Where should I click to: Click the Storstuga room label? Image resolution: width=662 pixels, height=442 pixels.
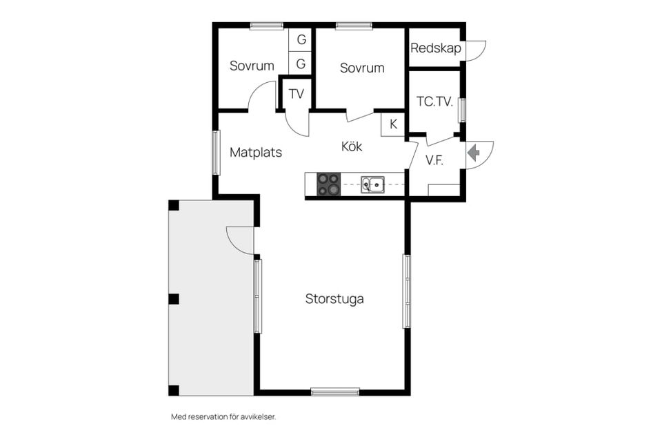click(334, 299)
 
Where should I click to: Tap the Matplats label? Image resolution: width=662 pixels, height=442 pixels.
click(255, 152)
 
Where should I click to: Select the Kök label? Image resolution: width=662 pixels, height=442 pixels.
click(352, 146)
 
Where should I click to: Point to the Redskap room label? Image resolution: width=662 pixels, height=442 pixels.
click(436, 48)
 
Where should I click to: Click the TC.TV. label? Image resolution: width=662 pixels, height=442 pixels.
click(434, 102)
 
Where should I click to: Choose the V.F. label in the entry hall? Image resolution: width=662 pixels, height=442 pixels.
click(434, 160)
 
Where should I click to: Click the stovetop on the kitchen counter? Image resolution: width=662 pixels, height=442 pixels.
click(328, 185)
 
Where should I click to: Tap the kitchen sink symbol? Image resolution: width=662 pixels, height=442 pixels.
click(372, 185)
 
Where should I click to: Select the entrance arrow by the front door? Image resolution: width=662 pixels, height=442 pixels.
click(474, 153)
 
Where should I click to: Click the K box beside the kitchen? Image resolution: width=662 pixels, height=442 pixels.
click(393, 124)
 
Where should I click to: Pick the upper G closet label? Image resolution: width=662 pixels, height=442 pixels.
click(301, 40)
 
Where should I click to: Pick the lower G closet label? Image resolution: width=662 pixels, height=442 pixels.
click(301, 64)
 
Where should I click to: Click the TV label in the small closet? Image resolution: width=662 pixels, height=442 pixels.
click(297, 93)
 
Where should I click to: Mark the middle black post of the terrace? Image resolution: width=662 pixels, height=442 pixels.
click(174, 299)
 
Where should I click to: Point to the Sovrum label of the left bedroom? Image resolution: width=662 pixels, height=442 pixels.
click(252, 66)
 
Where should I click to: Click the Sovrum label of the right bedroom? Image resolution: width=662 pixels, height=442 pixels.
click(362, 68)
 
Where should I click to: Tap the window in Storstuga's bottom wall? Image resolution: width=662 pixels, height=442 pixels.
click(335, 392)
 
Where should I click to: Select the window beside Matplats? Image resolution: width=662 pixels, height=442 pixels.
click(216, 153)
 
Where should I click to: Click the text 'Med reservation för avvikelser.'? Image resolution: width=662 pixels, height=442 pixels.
click(223, 416)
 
